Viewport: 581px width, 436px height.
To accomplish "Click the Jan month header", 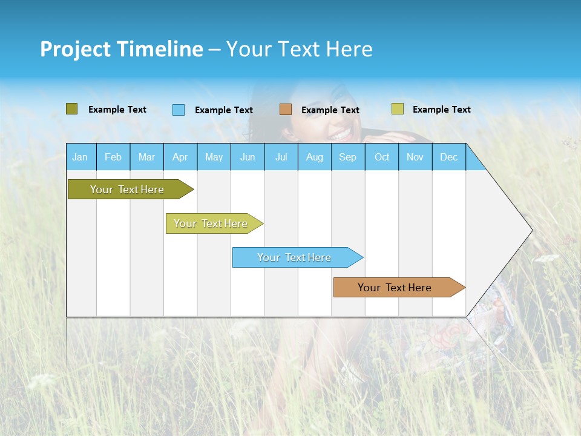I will pyautogui.click(x=80, y=157).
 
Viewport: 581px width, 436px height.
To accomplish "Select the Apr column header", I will pyautogui.click(x=180, y=157).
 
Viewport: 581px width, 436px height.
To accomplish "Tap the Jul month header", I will pyautogui.click(x=281, y=157).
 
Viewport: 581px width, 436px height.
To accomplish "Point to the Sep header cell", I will pyautogui.click(x=347, y=157).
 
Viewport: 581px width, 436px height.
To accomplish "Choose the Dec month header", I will pyautogui.click(x=448, y=157).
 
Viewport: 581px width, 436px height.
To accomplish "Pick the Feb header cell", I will pyautogui.click(x=113, y=157).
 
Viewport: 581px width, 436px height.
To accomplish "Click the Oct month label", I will pyautogui.click(x=382, y=157).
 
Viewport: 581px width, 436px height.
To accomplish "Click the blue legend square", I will pyautogui.click(x=179, y=110).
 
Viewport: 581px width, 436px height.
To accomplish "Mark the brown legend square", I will pyautogui.click(x=286, y=110).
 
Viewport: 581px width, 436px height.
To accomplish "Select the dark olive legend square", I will pyautogui.click(x=72, y=109).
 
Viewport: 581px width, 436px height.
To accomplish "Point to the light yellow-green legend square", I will pyautogui.click(x=398, y=109).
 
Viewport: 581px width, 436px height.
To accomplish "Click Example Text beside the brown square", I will pyautogui.click(x=330, y=110).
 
